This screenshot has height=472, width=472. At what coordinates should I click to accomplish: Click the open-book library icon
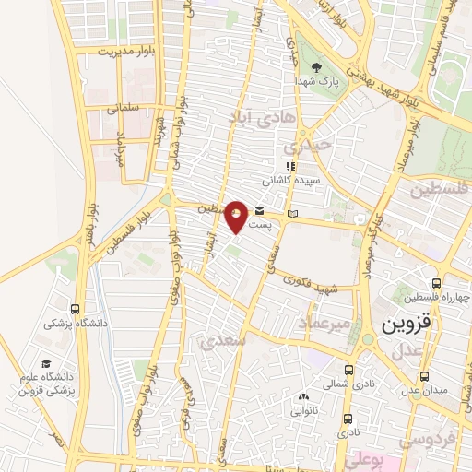tap(292, 215)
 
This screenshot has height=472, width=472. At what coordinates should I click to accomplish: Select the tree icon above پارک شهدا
tap(316, 67)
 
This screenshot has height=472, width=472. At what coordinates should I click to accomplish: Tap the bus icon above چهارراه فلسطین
tap(436, 284)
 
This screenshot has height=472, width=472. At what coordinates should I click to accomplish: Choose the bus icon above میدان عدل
tap(424, 376)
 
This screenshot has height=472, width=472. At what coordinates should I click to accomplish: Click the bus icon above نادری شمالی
tap(348, 366)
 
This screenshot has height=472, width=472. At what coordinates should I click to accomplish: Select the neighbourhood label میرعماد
tap(323, 323)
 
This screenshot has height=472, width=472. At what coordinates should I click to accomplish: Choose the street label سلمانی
tap(124, 108)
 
